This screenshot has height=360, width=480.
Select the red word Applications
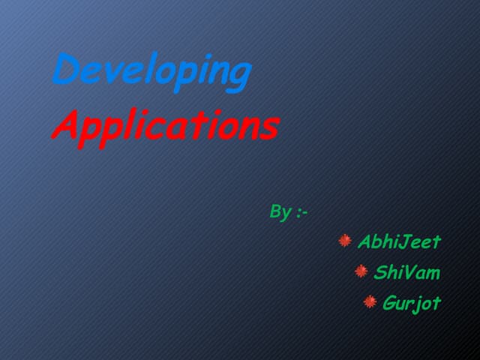click(165, 126)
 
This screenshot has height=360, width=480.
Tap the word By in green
click(280, 213)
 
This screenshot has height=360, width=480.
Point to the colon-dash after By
click(301, 213)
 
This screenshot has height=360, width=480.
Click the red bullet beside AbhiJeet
click(345, 241)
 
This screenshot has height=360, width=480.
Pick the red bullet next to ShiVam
click(361, 271)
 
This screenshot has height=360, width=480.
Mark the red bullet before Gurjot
click(370, 301)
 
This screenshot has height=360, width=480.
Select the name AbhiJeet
click(399, 242)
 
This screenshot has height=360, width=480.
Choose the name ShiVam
click(406, 272)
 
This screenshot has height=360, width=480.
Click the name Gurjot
click(411, 303)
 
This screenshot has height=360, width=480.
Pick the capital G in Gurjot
click(391, 303)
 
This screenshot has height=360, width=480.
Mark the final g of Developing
click(238, 75)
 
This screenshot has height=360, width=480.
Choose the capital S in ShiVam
click(380, 272)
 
